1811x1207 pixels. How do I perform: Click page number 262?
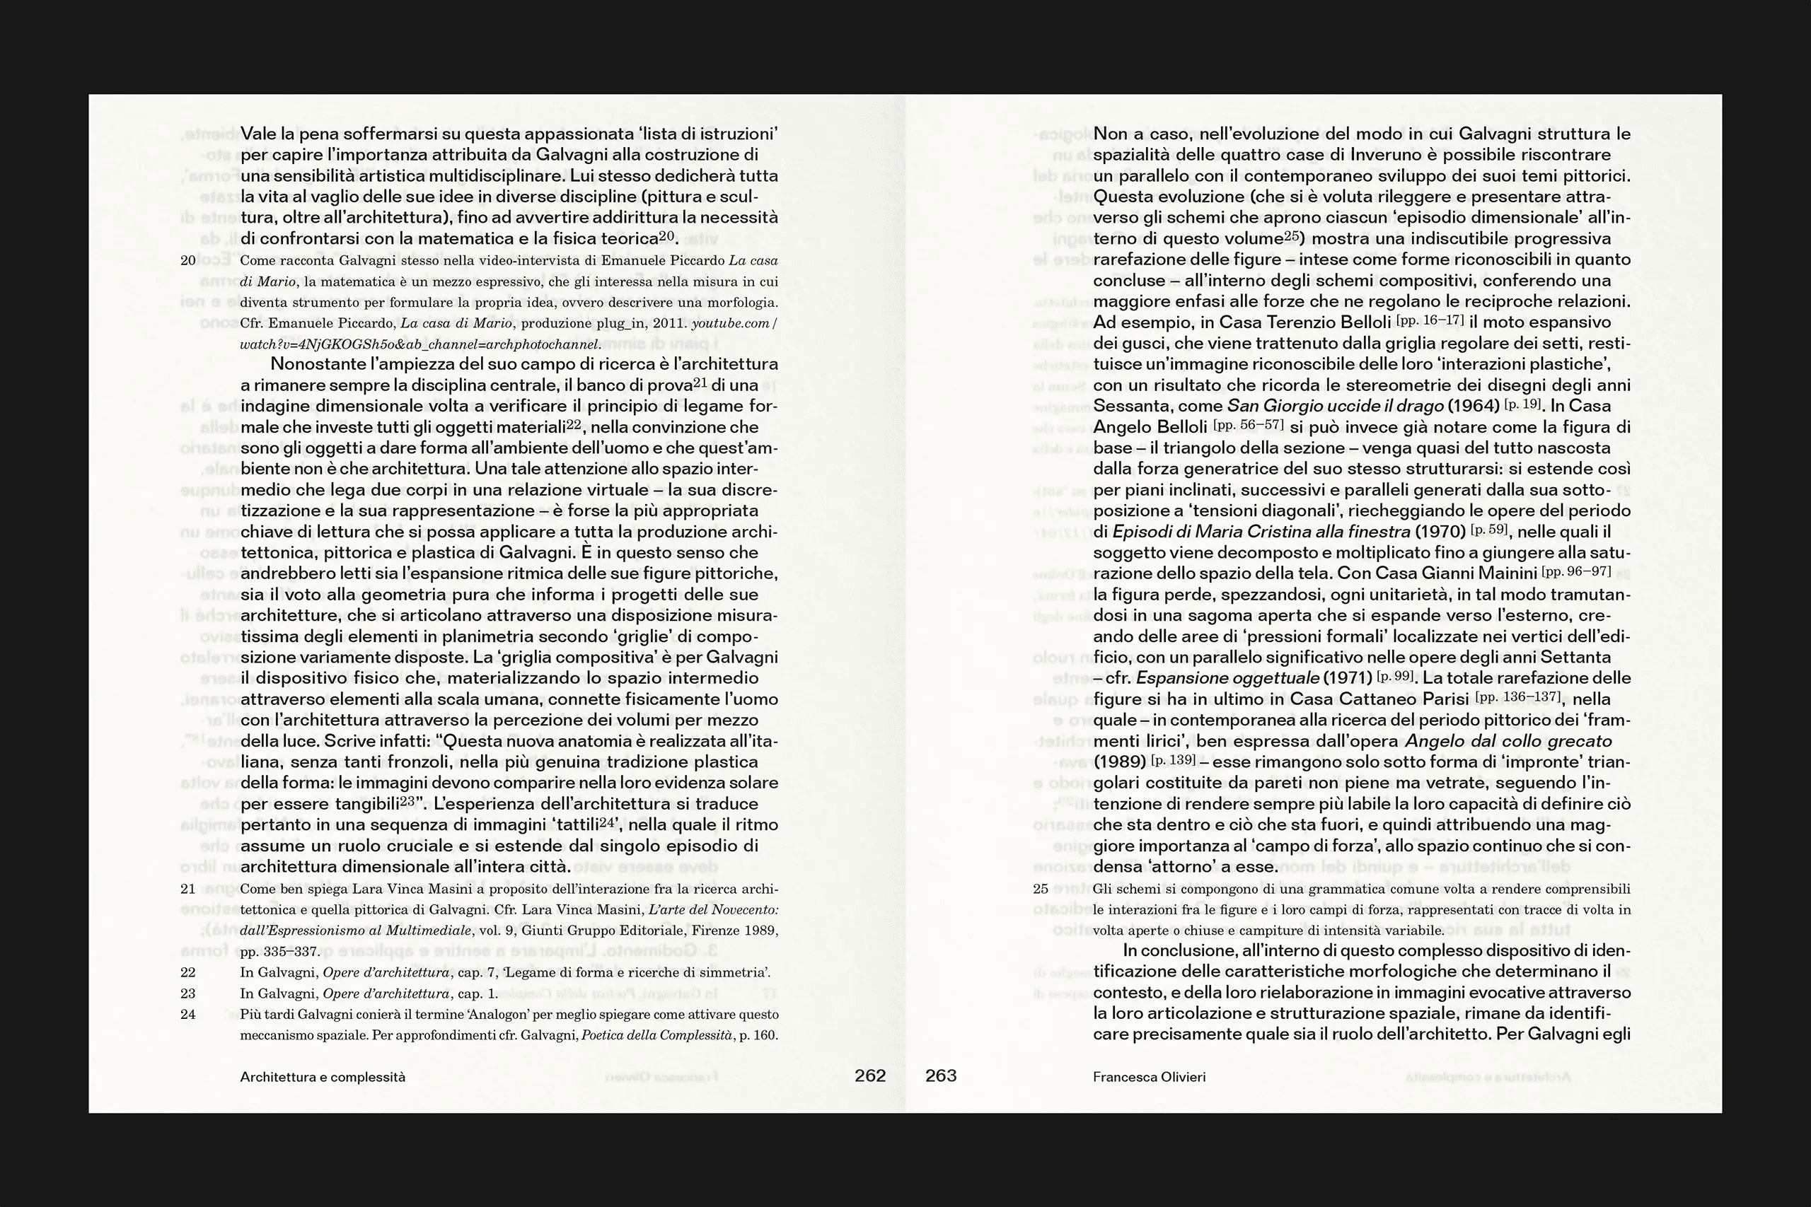[870, 1075]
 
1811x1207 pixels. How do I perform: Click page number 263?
[941, 1075]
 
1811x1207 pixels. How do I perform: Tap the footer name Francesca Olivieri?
[1149, 1077]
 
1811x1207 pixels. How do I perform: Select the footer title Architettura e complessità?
[323, 1077]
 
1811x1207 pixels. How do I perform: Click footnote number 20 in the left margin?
[188, 260]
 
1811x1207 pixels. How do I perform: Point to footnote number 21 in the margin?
[188, 888]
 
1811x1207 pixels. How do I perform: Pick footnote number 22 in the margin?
[188, 972]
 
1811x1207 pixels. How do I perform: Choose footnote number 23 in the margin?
[188, 993]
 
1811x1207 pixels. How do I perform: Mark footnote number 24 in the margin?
[188, 1015]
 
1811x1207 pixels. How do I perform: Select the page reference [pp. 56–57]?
[1248, 424]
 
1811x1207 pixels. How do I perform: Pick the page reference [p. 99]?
[1395, 676]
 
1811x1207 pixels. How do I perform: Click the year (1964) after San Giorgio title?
[1473, 406]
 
